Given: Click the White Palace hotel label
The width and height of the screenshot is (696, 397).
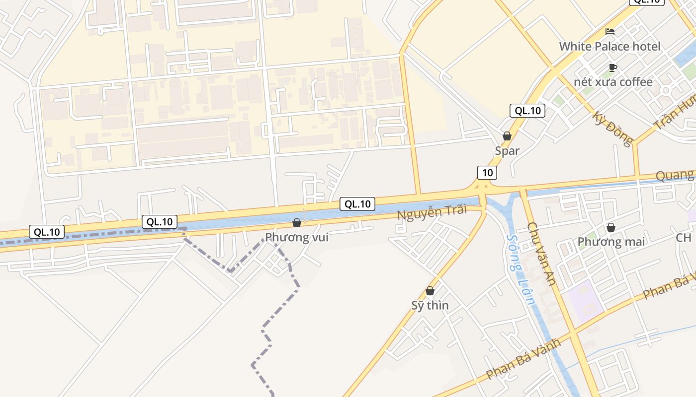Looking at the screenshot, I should coord(609,47).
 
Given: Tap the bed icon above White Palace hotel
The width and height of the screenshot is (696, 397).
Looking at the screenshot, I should coord(610,32).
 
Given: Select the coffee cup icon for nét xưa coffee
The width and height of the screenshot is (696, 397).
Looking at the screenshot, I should coord(612,67).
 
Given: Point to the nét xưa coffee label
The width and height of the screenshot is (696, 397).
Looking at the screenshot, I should coord(613,82).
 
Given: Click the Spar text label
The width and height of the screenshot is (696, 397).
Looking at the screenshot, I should coord(507,151).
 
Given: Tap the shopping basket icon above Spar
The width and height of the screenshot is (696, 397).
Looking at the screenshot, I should coord(507,136).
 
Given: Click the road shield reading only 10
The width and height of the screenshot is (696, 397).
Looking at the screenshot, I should coord(487,173).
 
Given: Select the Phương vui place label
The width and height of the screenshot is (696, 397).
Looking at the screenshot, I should coord(297,237).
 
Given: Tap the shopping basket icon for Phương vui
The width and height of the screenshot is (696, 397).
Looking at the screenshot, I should coord(297,223).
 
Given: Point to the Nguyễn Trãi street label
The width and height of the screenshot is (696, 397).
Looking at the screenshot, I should coord(432,212).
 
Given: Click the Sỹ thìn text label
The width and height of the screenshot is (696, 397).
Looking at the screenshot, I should coord(430,305).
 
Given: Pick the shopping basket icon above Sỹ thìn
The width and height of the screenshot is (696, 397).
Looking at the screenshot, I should coord(430,291).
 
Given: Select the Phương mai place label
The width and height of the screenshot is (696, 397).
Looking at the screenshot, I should coord(611,242).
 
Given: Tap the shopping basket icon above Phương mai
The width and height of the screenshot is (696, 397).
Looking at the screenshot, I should coord(611,228).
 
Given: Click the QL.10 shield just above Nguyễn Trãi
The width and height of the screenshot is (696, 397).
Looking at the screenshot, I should coord(357,203).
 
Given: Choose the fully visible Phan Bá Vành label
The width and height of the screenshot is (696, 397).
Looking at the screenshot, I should coord(523,358).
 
